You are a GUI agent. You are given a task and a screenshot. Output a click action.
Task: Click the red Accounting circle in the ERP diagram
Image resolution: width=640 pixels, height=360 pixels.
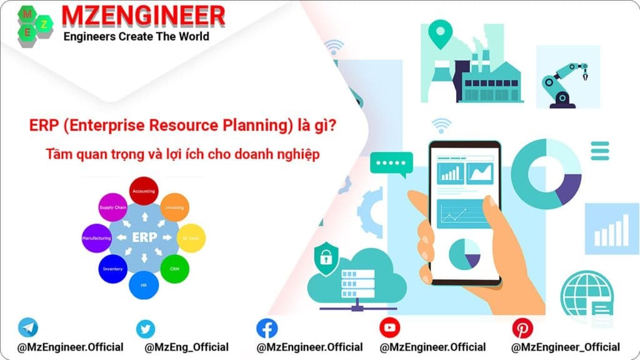click(144, 191)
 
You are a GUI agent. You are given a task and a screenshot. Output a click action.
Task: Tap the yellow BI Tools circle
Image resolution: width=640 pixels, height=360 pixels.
click(190, 238)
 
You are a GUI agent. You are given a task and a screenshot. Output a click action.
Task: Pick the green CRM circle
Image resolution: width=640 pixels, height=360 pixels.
click(174, 269)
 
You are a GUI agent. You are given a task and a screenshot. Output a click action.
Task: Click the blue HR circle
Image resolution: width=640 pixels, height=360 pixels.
click(144, 284)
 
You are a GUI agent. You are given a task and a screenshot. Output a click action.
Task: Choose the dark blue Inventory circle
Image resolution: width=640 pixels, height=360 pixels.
click(112, 269)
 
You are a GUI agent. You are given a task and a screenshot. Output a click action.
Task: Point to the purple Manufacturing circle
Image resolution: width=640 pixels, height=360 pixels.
click(96, 238)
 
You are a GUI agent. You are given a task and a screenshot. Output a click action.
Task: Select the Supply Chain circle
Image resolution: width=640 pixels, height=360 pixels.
click(112, 207)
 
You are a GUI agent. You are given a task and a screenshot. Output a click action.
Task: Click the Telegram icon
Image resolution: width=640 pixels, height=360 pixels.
click(28, 327)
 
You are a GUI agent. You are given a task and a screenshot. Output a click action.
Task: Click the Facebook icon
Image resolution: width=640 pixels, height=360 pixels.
click(267, 328)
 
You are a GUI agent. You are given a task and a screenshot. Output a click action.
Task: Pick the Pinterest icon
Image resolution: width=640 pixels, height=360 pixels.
click(522, 328)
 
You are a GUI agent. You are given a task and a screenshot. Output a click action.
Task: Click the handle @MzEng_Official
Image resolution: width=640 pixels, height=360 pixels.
click(186, 347)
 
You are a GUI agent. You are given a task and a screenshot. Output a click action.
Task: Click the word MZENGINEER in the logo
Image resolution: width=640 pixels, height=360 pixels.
click(143, 16)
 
